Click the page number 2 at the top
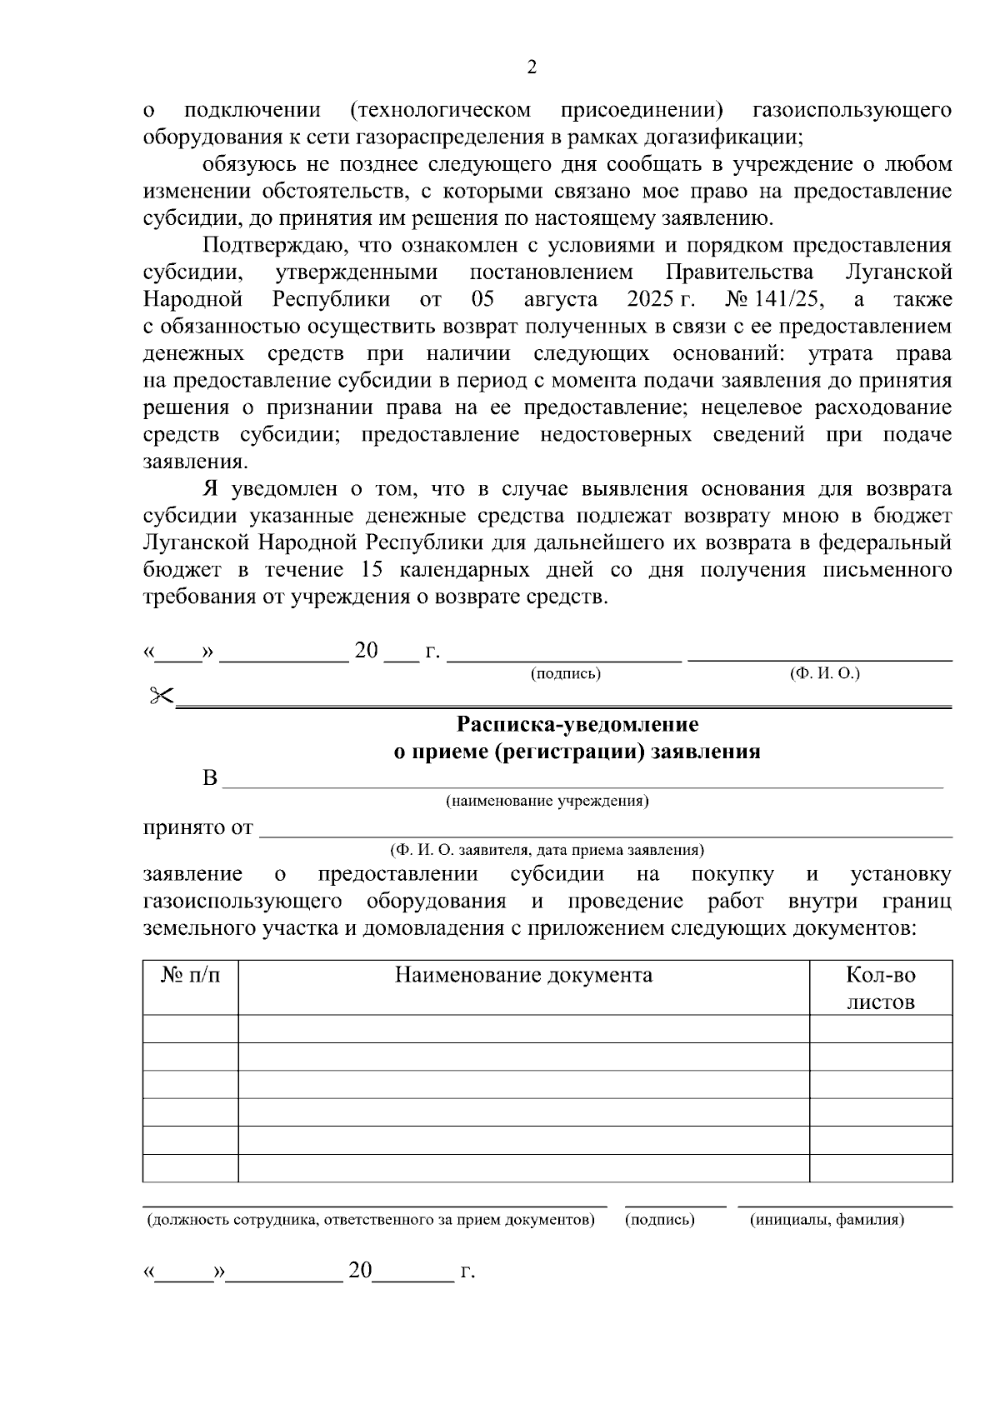click(x=532, y=67)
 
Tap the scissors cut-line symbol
click(x=161, y=696)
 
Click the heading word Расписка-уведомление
click(x=577, y=724)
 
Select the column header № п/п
click(x=191, y=974)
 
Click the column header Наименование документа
click(x=523, y=974)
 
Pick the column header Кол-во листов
click(x=881, y=987)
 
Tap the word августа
click(x=561, y=299)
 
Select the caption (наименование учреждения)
click(x=547, y=801)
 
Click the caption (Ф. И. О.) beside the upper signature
click(x=824, y=673)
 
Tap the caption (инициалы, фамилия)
click(x=827, y=1220)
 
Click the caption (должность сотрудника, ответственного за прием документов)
click(x=371, y=1220)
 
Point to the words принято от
click(x=198, y=827)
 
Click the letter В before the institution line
click(x=210, y=779)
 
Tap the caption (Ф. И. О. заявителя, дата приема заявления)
click(x=547, y=850)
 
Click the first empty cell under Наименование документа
click(x=523, y=1028)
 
